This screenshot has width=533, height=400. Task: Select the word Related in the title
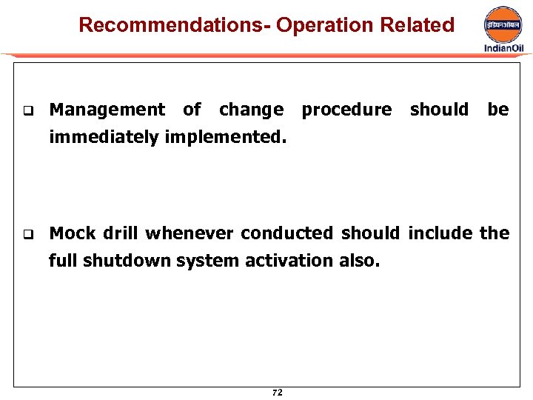pyautogui.click(x=417, y=25)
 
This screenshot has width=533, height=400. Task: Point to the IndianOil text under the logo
pyautogui.click(x=503, y=48)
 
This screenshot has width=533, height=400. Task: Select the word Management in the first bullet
pyautogui.click(x=107, y=110)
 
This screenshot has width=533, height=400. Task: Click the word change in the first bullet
pyautogui.click(x=251, y=110)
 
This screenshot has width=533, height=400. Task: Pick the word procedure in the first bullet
pyautogui.click(x=346, y=110)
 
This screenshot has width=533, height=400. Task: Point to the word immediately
pyautogui.click(x=103, y=137)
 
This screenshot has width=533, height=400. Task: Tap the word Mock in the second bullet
pyautogui.click(x=73, y=233)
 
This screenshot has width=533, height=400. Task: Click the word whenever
pyautogui.click(x=190, y=233)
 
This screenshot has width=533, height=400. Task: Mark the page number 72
pyautogui.click(x=277, y=393)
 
